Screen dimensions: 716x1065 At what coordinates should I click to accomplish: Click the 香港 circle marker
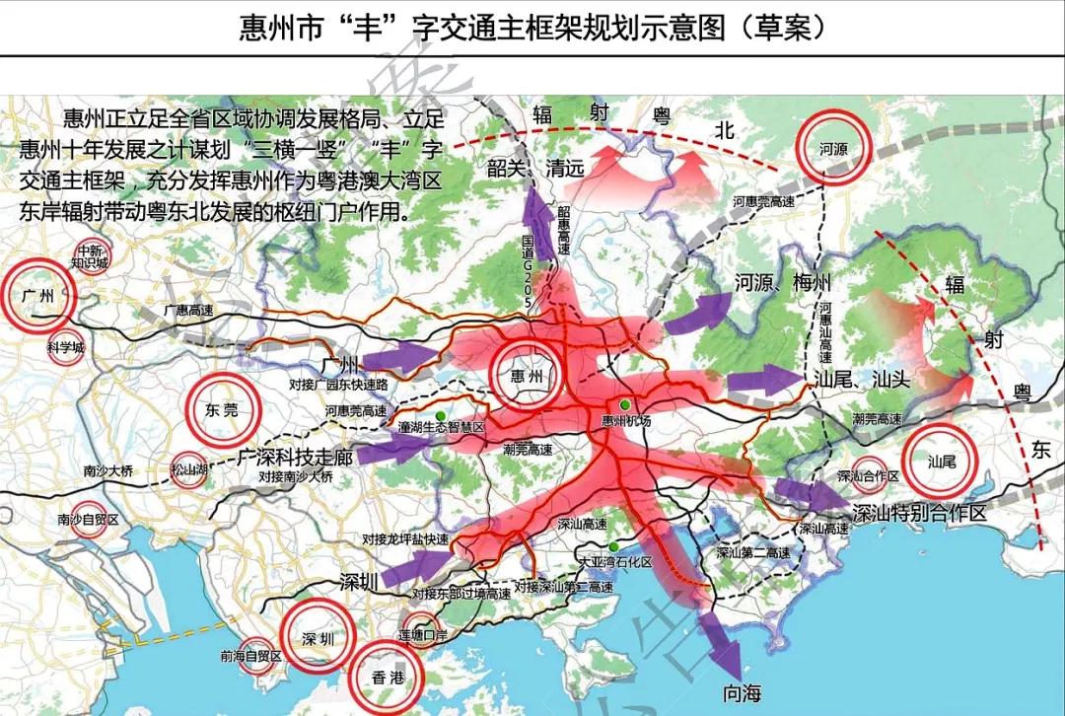[388, 677]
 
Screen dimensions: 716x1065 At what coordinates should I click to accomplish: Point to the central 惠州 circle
[528, 377]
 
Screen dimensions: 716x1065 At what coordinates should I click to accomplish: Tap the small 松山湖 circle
[188, 469]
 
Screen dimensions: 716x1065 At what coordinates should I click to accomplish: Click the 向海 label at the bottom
[742, 693]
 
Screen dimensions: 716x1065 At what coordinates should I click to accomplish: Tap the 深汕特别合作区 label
[919, 514]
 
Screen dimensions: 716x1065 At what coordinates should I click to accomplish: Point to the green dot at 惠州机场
[624, 404]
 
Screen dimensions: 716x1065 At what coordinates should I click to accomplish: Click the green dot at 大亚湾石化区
[613, 547]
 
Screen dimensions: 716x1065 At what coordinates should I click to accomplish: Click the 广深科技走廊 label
[296, 458]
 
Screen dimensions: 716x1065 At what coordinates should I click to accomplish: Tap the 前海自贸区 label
[251, 656]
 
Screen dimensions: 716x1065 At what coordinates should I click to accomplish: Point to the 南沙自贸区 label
[88, 519]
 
